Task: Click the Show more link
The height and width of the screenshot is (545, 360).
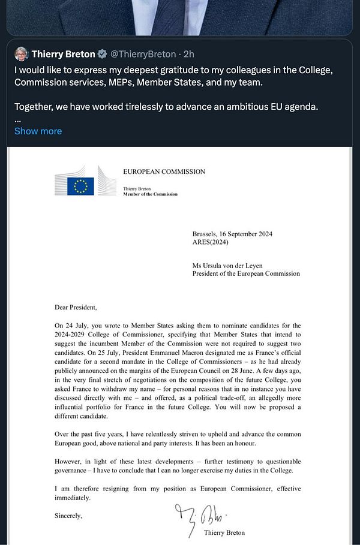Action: click(38, 131)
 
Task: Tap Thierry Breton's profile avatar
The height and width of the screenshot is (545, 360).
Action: click(22, 54)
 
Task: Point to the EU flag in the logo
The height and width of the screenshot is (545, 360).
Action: click(80, 186)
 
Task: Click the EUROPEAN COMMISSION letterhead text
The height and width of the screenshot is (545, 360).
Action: click(164, 171)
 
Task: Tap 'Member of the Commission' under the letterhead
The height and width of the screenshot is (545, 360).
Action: click(150, 194)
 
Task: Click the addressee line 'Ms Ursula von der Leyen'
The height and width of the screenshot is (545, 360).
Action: click(233, 264)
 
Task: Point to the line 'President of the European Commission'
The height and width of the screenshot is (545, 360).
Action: click(246, 273)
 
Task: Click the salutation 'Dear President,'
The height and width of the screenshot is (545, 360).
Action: click(75, 308)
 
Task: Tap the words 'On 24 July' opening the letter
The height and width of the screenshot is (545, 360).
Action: click(70, 324)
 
